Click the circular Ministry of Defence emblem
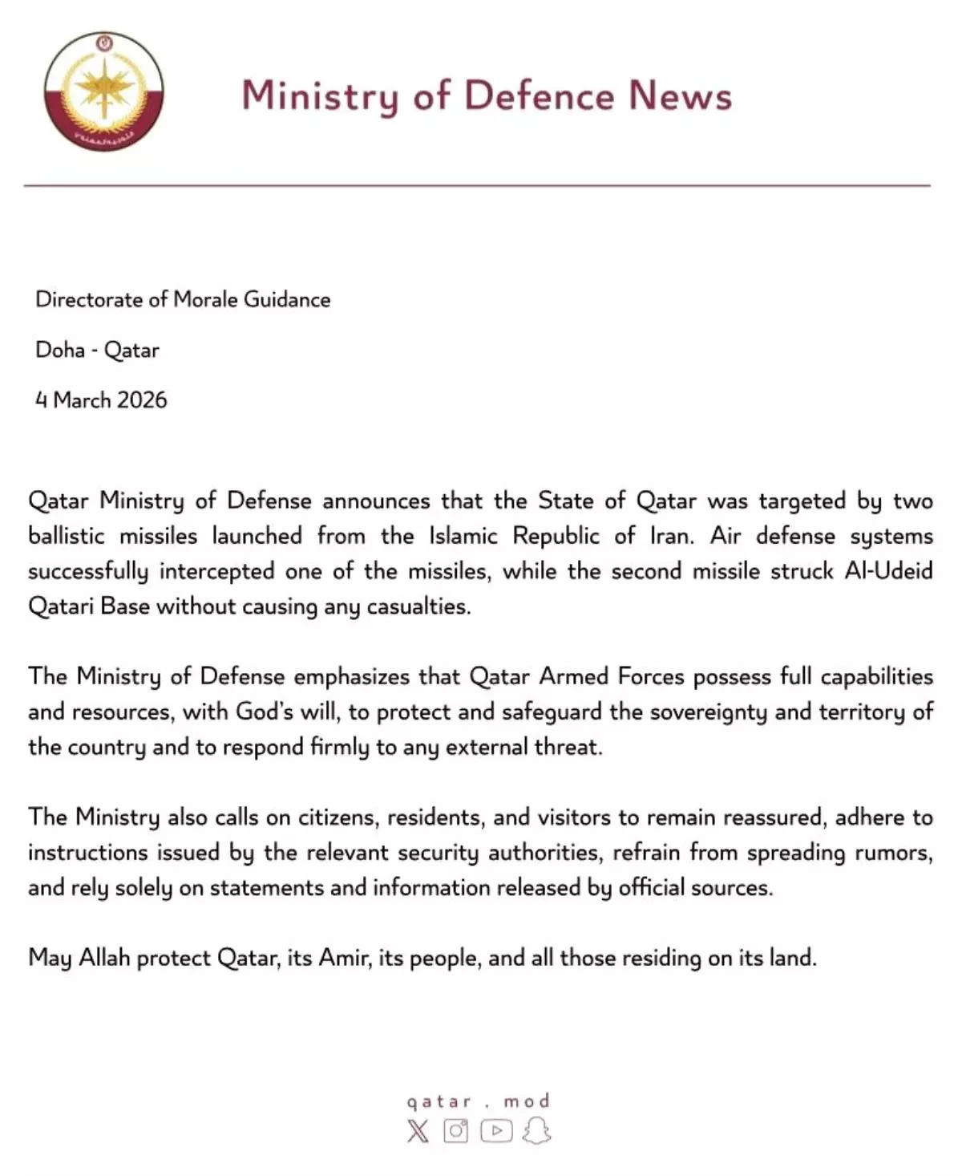(x=104, y=91)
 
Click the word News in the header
(x=680, y=95)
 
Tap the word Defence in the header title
(x=539, y=95)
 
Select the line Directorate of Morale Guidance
(x=183, y=299)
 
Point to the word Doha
(x=60, y=350)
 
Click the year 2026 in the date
(x=141, y=399)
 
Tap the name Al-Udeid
(x=888, y=570)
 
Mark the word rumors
(x=895, y=852)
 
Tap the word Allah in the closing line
(x=104, y=957)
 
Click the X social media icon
(x=418, y=1131)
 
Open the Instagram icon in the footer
(x=455, y=1131)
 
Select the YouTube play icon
(x=496, y=1131)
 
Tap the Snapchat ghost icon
(x=536, y=1131)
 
